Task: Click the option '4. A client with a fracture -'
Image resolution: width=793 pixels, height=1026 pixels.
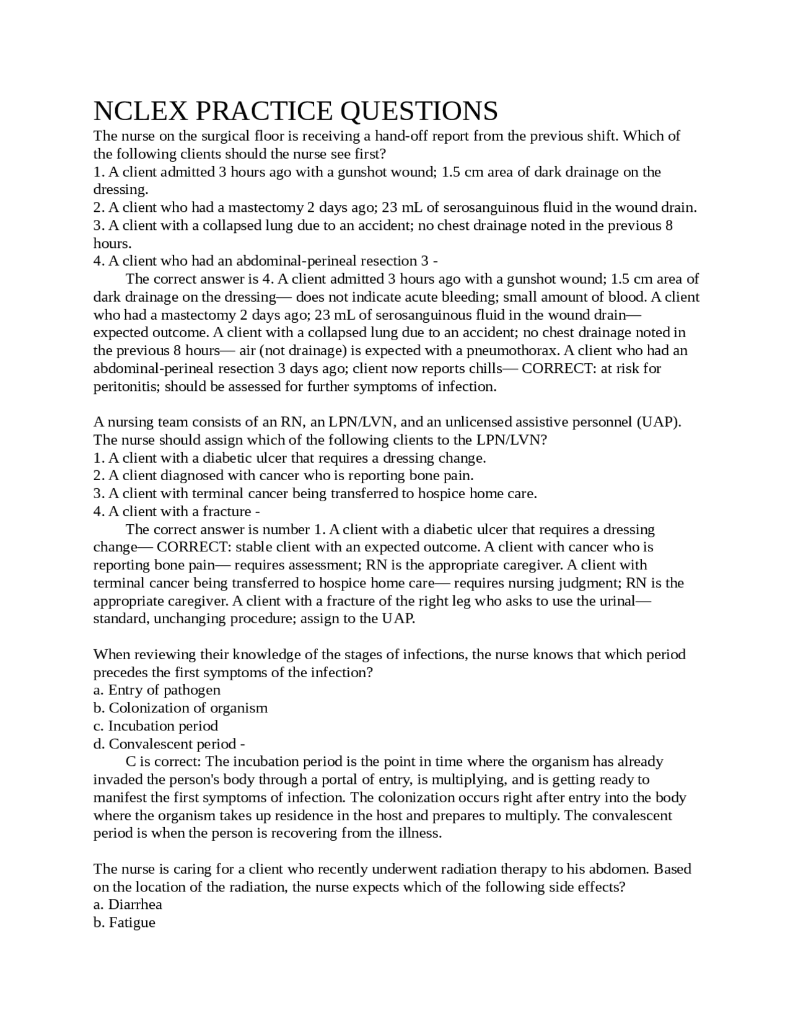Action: coord(176,512)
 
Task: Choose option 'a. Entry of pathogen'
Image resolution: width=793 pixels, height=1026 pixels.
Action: coord(157,690)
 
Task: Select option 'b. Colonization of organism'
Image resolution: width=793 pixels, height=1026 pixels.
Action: coord(180,708)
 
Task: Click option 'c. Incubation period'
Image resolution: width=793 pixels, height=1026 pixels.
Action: coord(156,726)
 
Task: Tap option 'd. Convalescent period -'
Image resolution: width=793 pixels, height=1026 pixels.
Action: coord(169,744)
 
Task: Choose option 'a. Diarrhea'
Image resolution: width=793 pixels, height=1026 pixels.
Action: coord(128,905)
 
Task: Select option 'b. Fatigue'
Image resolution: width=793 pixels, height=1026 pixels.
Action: coord(124,923)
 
